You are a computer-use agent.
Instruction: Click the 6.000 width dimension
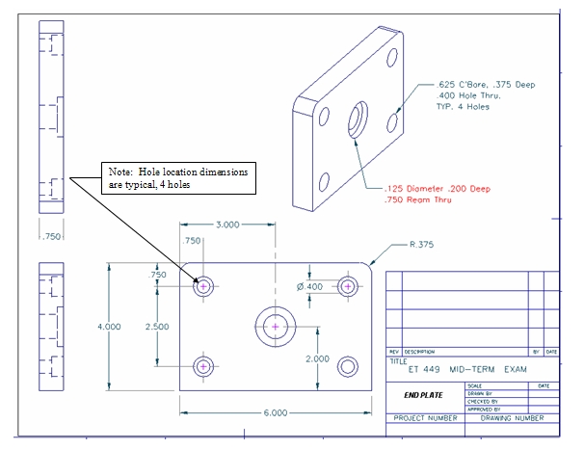[275, 413]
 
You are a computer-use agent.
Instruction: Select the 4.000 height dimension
[109, 327]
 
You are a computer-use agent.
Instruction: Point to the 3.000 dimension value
[226, 225]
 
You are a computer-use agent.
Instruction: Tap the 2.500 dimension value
[156, 327]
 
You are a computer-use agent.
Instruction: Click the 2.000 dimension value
[318, 358]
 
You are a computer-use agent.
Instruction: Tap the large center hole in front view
[275, 328]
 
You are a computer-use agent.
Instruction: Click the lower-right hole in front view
[347, 367]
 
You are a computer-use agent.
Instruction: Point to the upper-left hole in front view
[203, 286]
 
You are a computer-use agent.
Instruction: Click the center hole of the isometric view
[355, 123]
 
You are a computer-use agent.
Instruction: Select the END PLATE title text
[423, 395]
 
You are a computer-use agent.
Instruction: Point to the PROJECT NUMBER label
[425, 418]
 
